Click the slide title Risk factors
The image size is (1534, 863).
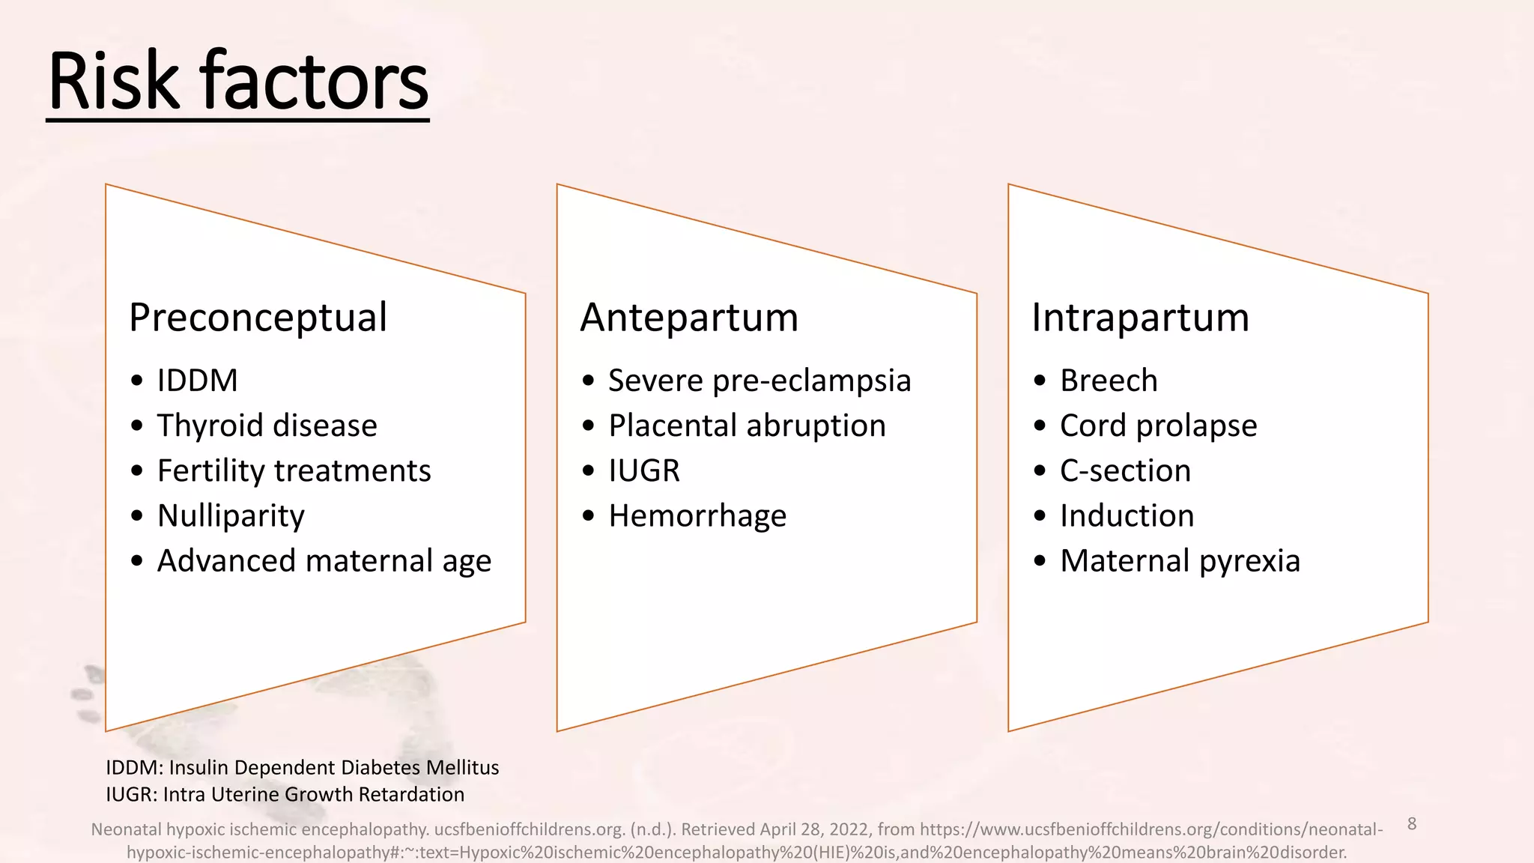point(237,81)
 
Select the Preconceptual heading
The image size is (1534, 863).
point(258,317)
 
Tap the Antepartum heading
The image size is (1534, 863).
point(689,317)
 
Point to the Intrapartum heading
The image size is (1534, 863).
point(1140,317)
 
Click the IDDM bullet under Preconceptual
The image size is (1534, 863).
point(197,381)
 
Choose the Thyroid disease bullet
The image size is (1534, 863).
point(267,426)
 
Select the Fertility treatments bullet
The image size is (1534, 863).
point(294,470)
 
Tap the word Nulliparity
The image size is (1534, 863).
point(231,515)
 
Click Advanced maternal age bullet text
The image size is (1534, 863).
point(324,560)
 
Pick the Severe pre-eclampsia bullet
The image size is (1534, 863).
point(760,381)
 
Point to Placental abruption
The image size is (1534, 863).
point(747,426)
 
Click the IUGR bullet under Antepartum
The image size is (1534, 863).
point(644,470)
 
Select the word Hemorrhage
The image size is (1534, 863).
point(697,515)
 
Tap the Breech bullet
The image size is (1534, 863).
point(1109,381)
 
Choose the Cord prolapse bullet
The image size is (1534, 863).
point(1158,426)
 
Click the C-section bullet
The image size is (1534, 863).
point(1125,470)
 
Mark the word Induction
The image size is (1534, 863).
point(1127,515)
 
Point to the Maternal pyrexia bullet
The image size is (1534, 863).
point(1180,560)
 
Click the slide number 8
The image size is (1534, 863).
point(1412,824)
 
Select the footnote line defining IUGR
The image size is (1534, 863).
point(285,794)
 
